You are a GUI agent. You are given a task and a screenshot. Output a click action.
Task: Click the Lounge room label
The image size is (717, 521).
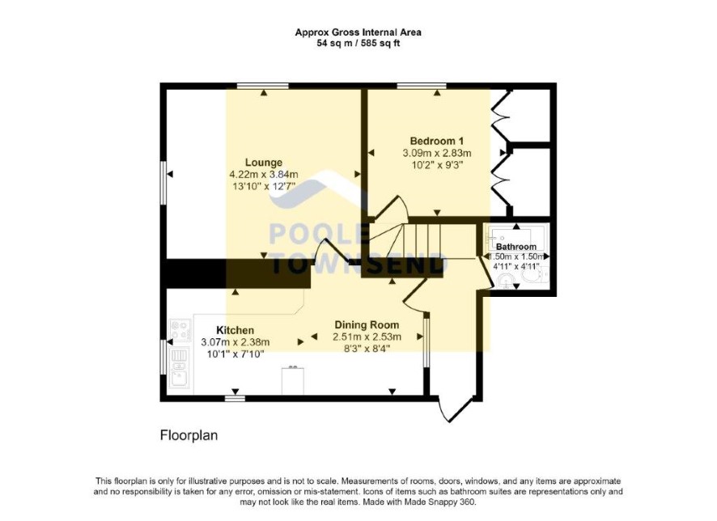[x=263, y=163]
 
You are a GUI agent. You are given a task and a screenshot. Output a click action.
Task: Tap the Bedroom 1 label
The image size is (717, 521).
[x=437, y=141]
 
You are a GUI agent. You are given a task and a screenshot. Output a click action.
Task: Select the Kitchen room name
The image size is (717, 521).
[x=235, y=330]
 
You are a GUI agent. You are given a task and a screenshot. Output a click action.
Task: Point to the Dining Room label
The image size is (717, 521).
[x=367, y=325]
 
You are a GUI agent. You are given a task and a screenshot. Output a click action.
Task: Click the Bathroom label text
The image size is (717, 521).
[x=516, y=247]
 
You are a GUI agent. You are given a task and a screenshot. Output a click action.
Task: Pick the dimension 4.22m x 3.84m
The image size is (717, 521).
[x=264, y=174]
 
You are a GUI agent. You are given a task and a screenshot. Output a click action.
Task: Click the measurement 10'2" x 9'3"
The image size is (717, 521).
[x=437, y=165]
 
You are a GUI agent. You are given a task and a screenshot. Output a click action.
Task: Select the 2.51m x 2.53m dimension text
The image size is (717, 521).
[x=367, y=337]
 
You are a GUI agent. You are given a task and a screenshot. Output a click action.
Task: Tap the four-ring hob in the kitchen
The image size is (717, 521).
[x=180, y=330]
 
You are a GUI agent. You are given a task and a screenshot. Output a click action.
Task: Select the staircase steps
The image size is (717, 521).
[x=421, y=241]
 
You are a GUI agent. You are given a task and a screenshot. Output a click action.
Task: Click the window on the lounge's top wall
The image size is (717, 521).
[x=262, y=86]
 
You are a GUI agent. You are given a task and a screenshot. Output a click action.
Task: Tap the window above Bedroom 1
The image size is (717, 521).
[x=421, y=86]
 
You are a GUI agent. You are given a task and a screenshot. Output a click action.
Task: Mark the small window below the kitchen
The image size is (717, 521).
[x=235, y=399]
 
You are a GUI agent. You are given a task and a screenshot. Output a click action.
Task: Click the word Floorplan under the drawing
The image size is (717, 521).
[x=189, y=435]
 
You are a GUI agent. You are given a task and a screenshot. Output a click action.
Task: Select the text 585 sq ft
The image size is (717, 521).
[x=380, y=44]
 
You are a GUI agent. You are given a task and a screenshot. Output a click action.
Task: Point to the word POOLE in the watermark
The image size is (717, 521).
[x=318, y=233]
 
